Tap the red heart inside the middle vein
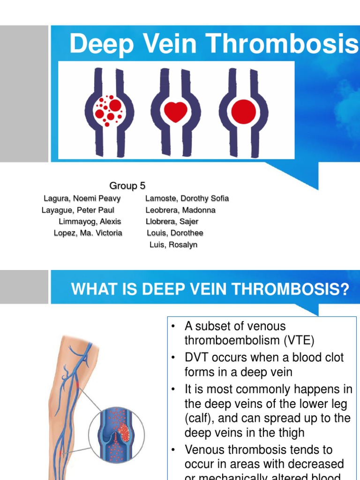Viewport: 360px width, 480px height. click(175, 111)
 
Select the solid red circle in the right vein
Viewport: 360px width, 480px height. click(244, 111)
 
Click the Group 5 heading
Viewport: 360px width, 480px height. click(127, 186)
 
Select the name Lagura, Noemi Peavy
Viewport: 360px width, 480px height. click(82, 199)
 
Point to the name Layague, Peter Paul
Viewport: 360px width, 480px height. click(78, 210)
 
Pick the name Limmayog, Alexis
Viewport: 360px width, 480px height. click(90, 222)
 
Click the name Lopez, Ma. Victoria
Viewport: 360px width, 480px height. click(88, 233)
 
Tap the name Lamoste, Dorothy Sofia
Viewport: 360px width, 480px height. click(187, 199)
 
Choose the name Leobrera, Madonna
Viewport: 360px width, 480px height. click(180, 210)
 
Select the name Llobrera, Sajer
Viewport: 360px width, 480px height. click(172, 222)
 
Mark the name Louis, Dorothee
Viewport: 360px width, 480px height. click(175, 233)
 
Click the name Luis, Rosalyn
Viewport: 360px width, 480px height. click(173, 245)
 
